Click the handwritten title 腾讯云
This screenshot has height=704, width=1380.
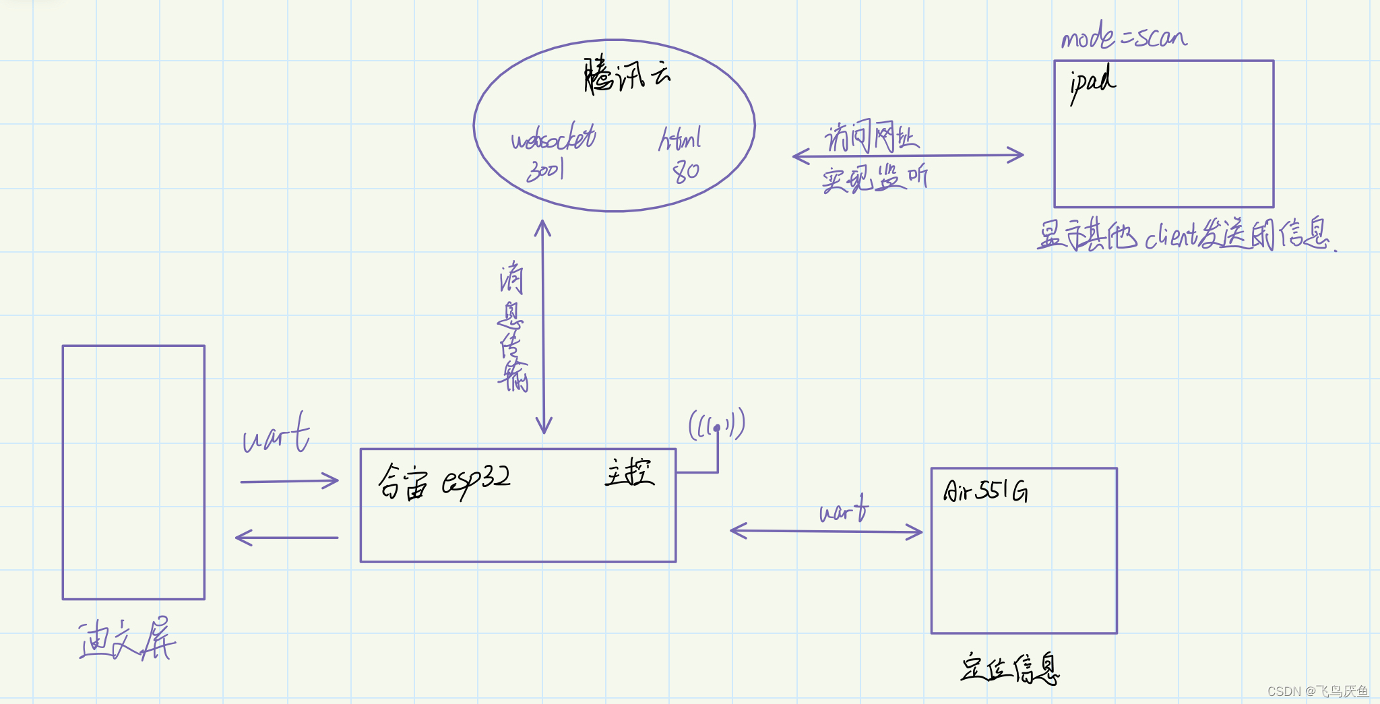(627, 76)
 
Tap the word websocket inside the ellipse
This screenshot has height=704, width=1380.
(553, 138)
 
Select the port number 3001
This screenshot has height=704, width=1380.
(545, 170)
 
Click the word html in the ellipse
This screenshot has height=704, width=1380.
(680, 139)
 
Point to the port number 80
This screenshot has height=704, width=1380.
(686, 172)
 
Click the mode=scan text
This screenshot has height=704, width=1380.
(1124, 36)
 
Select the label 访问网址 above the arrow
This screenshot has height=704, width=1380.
(871, 137)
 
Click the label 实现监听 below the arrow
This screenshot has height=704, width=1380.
(874, 179)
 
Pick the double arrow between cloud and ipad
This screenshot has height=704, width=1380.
(908, 156)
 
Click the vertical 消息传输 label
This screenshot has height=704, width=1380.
(513, 327)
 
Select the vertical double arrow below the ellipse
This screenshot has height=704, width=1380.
(543, 327)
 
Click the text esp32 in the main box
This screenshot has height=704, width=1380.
(476, 480)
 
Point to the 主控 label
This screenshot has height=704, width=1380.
(629, 472)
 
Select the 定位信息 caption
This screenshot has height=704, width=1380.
(1009, 668)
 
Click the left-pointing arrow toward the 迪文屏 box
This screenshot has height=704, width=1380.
(286, 538)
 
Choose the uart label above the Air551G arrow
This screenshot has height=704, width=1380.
(844, 510)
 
